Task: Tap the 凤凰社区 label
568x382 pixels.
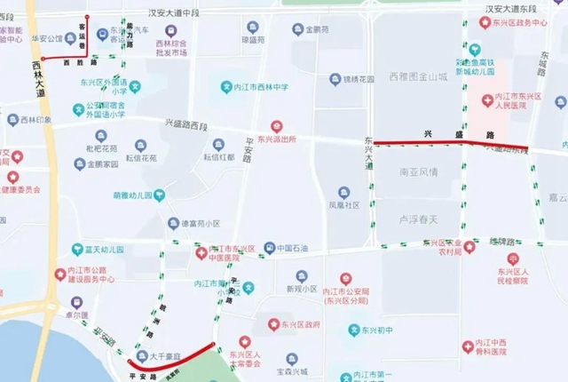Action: (x=343, y=204)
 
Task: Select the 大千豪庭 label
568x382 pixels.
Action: (x=164, y=356)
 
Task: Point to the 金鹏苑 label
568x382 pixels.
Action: (x=317, y=29)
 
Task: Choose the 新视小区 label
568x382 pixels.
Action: (x=302, y=289)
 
